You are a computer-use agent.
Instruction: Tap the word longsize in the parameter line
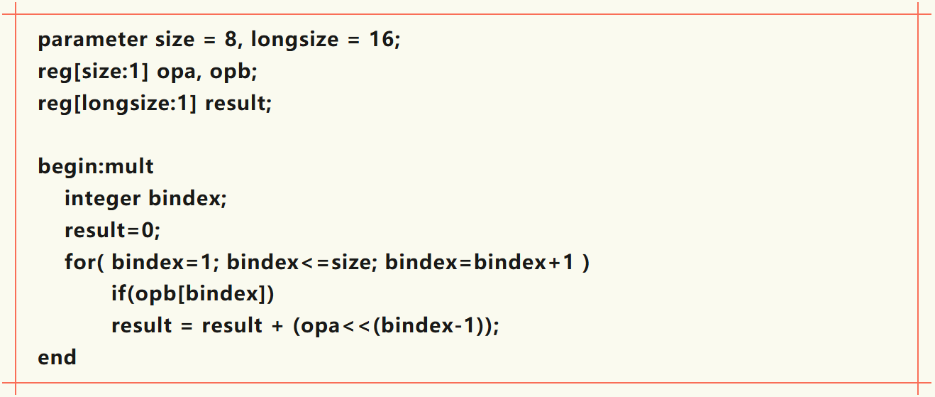click(x=294, y=40)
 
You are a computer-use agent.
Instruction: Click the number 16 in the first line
click(x=381, y=40)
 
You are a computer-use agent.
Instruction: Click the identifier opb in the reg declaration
click(x=245, y=72)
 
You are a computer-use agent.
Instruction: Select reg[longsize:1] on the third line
click(x=116, y=104)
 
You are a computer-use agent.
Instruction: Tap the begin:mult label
click(x=96, y=167)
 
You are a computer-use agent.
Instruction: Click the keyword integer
click(x=102, y=199)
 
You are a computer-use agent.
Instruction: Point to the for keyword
click(x=79, y=263)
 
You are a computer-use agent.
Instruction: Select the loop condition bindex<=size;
click(x=302, y=263)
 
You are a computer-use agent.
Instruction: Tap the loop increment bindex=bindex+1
click(x=481, y=263)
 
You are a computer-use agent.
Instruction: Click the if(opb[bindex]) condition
click(x=192, y=294)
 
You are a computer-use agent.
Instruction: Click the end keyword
click(x=57, y=357)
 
